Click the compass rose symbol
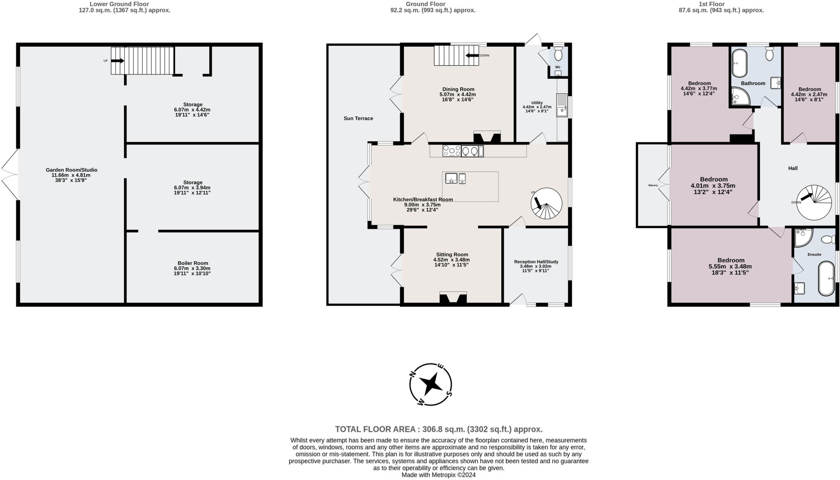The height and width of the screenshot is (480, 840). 431,384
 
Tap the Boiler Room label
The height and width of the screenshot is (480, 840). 193,263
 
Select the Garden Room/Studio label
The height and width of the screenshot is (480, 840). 71,170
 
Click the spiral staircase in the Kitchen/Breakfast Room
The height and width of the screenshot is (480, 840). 546,203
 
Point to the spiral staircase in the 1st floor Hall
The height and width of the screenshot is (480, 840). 814,201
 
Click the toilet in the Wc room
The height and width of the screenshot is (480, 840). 558,54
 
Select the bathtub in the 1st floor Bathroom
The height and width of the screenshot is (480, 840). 740,64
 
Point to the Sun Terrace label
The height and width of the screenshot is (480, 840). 358,118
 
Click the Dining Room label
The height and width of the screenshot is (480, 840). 458,89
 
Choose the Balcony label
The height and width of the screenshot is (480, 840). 653,186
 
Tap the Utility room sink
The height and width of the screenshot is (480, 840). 562,106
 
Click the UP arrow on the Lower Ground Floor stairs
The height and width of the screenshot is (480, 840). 117,61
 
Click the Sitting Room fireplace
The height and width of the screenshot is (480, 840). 453,298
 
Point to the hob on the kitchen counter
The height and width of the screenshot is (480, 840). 452,151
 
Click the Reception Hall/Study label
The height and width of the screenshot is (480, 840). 536,262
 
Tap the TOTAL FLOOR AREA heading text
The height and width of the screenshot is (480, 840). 439,429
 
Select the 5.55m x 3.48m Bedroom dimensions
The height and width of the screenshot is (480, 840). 730,266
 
